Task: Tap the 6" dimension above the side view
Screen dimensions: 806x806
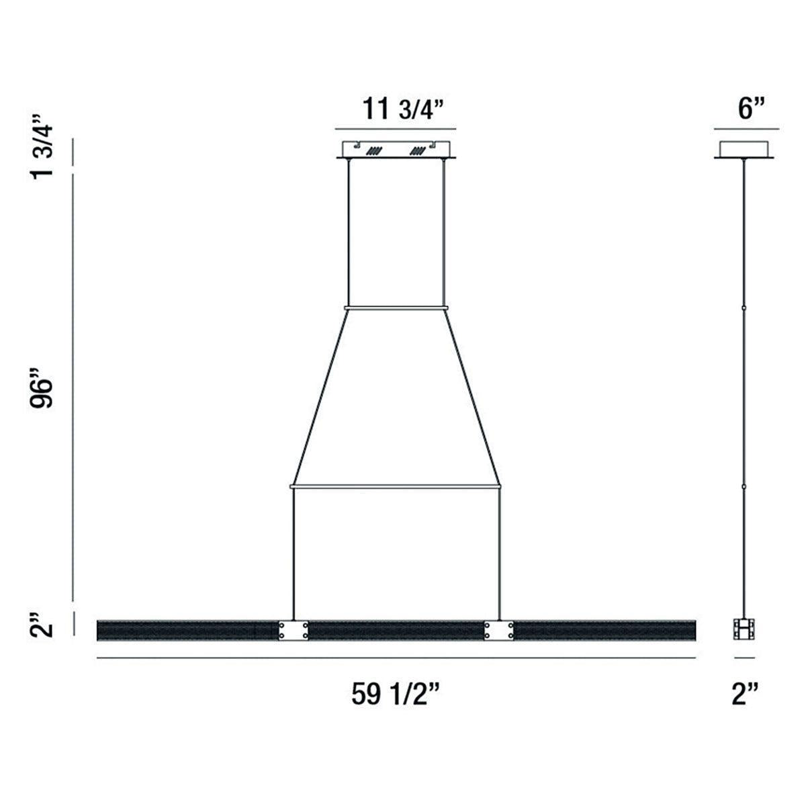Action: click(x=747, y=109)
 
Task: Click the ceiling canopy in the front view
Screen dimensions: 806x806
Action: click(x=396, y=150)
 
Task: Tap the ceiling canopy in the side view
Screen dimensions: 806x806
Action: click(x=744, y=150)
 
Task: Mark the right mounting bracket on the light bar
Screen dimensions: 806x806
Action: click(x=500, y=630)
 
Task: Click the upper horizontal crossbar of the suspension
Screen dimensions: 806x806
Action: click(x=396, y=308)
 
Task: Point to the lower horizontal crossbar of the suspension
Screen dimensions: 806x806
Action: click(x=396, y=484)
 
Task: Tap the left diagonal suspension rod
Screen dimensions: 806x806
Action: click(x=319, y=396)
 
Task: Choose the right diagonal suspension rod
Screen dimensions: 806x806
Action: click(x=473, y=396)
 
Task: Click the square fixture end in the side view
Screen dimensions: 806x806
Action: click(x=744, y=630)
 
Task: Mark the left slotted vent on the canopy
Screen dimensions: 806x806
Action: click(x=373, y=152)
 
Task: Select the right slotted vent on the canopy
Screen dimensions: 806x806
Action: click(x=419, y=152)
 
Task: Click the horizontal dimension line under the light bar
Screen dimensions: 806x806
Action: click(x=396, y=658)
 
